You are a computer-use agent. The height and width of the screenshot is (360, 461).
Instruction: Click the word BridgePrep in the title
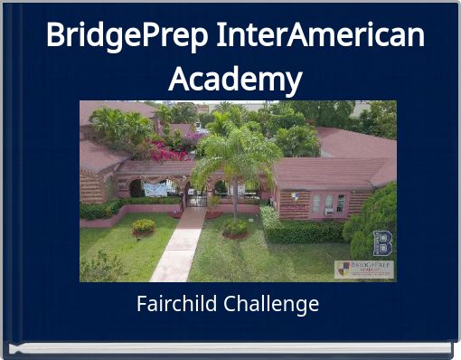tap(127, 36)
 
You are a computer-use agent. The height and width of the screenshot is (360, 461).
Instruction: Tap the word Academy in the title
tap(234, 80)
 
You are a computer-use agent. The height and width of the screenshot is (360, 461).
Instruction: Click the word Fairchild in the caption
tap(175, 304)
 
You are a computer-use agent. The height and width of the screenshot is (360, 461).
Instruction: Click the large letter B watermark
tap(382, 243)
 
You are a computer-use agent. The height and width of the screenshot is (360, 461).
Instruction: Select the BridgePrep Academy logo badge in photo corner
tap(364, 270)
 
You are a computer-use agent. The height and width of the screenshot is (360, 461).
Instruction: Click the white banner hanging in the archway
tap(155, 189)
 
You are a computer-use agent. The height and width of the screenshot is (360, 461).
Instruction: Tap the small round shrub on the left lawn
tap(144, 226)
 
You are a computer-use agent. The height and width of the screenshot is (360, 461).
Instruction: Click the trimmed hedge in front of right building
tap(303, 231)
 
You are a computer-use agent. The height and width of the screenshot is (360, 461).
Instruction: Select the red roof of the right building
tap(325, 172)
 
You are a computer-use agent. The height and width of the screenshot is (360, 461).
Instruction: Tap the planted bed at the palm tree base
tap(235, 228)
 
